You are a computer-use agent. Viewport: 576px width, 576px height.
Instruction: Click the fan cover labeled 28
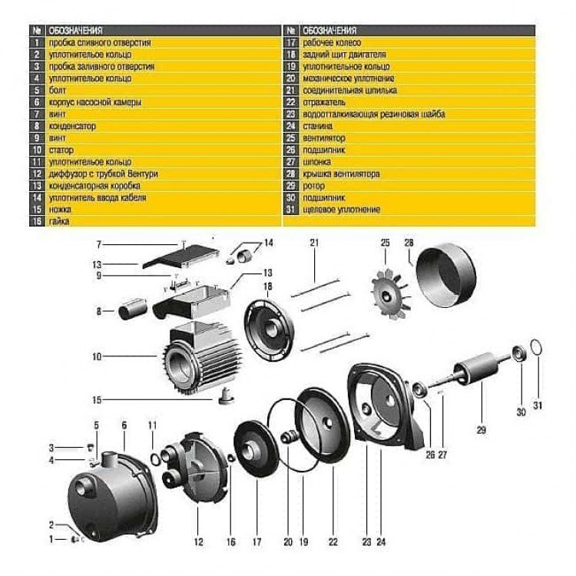[445, 276]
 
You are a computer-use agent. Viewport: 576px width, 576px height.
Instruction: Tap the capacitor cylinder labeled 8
[132, 309]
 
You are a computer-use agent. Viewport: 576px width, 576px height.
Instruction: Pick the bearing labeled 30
[518, 353]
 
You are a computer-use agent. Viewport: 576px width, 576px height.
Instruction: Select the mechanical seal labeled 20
[289, 437]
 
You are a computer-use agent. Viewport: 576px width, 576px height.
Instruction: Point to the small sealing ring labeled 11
[156, 459]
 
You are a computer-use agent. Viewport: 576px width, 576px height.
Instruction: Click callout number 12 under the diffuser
[198, 541]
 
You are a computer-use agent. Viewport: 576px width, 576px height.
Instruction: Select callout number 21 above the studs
[314, 243]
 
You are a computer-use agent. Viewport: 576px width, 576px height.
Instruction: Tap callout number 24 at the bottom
[381, 541]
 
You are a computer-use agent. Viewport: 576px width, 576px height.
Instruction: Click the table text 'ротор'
[313, 186]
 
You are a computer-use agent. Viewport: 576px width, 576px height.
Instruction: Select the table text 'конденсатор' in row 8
[72, 126]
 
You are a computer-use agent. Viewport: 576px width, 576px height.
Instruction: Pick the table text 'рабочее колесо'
[332, 42]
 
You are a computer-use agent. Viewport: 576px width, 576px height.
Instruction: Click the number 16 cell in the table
[37, 221]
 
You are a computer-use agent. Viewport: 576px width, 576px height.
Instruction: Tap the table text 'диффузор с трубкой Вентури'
[103, 174]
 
